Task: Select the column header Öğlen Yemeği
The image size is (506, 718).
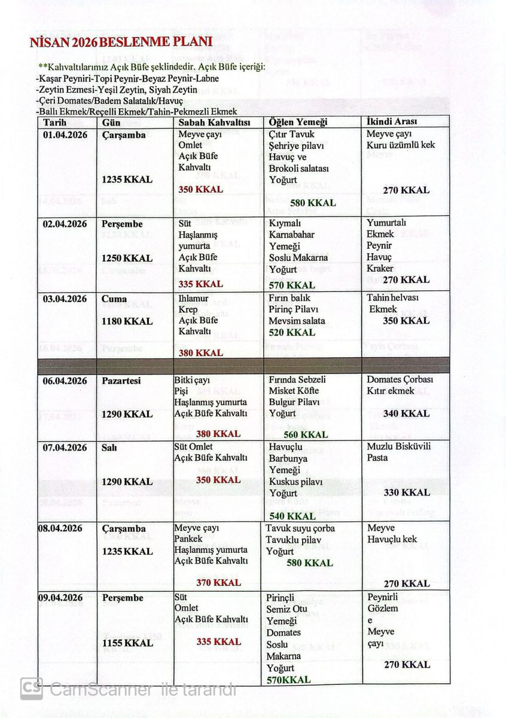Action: pyautogui.click(x=298, y=122)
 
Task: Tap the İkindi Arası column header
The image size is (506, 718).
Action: pyautogui.click(x=391, y=121)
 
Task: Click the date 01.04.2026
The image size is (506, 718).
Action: pyautogui.click(x=65, y=135)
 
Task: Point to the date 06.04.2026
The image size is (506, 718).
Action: pyautogui.click(x=65, y=381)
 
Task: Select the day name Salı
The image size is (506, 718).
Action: pyautogui.click(x=111, y=448)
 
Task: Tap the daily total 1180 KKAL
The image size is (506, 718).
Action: pyautogui.click(x=127, y=321)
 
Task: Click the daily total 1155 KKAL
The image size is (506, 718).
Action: pyautogui.click(x=127, y=643)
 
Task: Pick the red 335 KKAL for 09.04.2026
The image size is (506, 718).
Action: pyautogui.click(x=219, y=641)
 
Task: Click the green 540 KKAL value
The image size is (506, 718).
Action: pyautogui.click(x=293, y=516)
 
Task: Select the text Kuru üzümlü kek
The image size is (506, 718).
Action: pyautogui.click(x=401, y=145)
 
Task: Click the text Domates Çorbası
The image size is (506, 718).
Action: pyautogui.click(x=400, y=380)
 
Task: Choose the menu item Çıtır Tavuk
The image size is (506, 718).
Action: pyautogui.click(x=291, y=135)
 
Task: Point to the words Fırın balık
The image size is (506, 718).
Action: pyautogui.click(x=289, y=298)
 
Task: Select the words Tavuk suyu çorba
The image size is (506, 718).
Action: pyautogui.click(x=300, y=528)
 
